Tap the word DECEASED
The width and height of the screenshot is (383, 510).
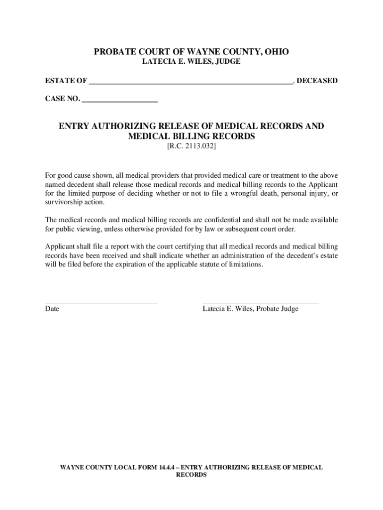pyautogui.click(x=317, y=81)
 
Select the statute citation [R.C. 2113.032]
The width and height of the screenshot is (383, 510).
pyautogui.click(x=191, y=147)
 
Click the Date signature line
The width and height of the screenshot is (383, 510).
pyautogui.click(x=101, y=301)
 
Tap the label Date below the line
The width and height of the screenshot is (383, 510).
pyautogui.click(x=52, y=309)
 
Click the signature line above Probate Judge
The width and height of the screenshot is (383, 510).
pyautogui.click(x=261, y=301)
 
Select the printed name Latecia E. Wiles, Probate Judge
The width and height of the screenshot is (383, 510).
pyautogui.click(x=250, y=309)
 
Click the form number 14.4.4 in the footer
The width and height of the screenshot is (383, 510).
pyautogui.click(x=166, y=467)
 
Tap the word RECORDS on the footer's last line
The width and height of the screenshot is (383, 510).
pyautogui.click(x=191, y=475)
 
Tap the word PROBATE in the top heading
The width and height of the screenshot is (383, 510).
pyautogui.click(x=116, y=52)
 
